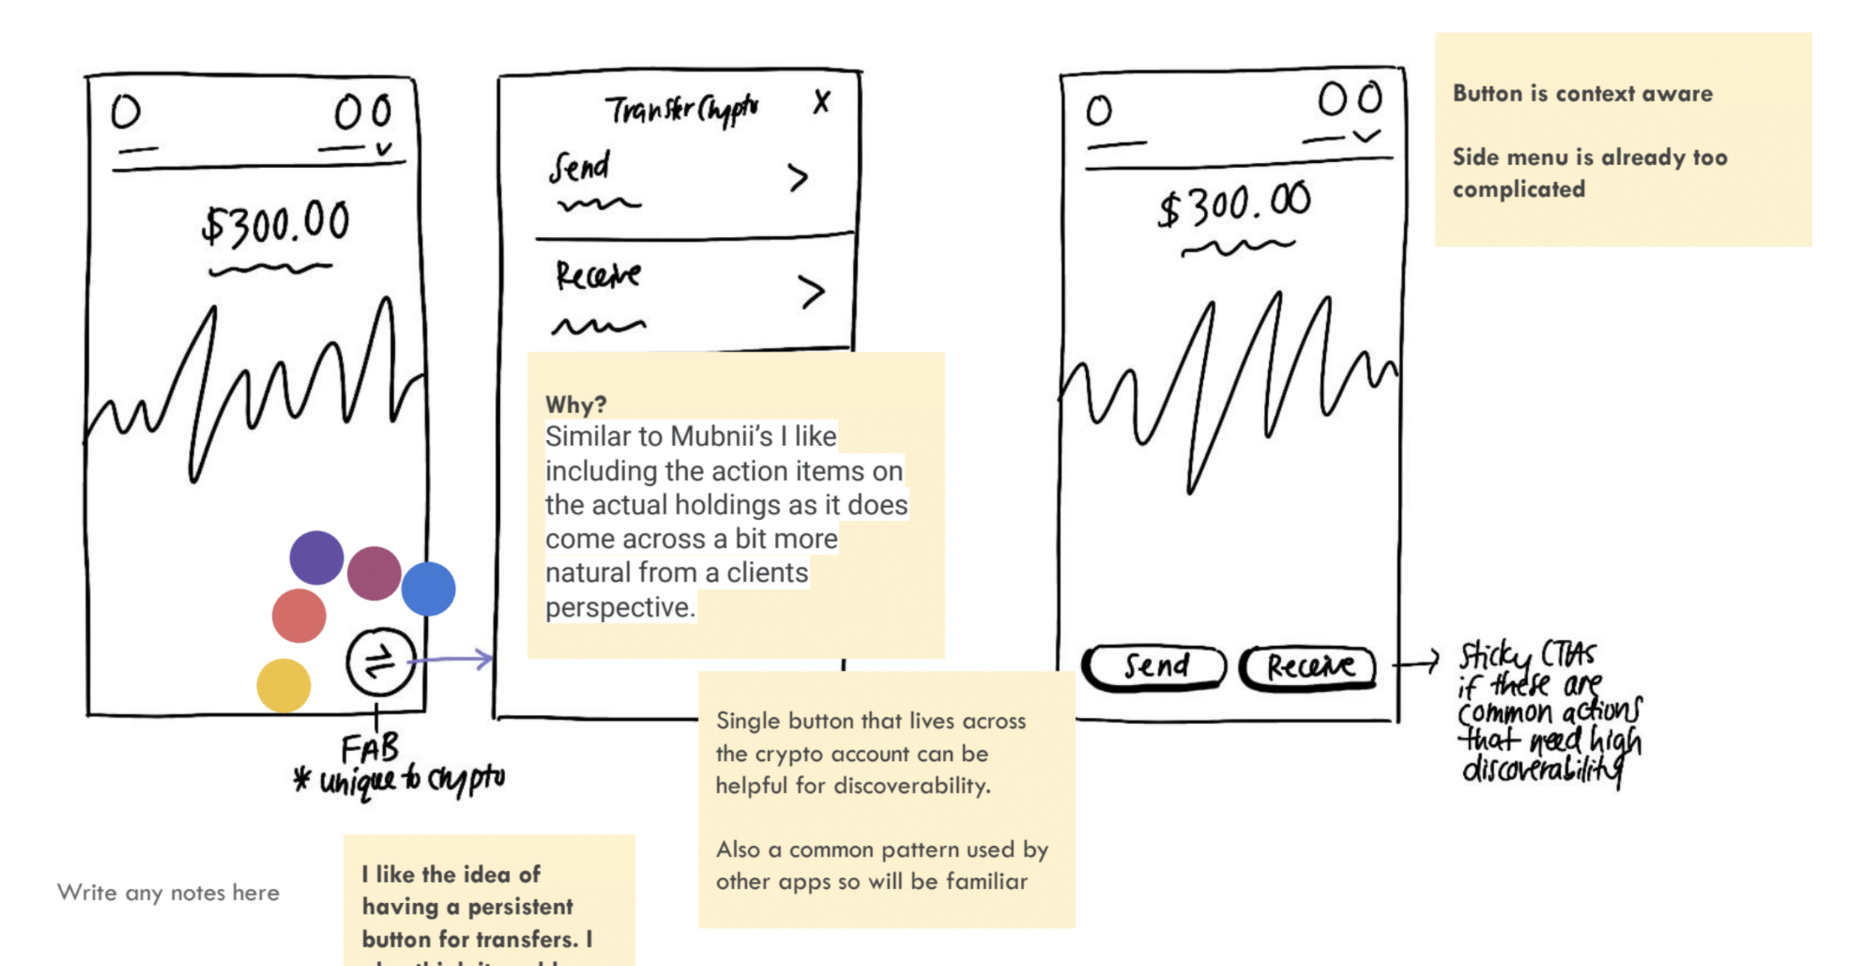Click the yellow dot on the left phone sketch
(x=284, y=685)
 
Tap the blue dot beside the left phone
(x=428, y=589)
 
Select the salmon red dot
(x=299, y=616)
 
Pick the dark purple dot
(x=316, y=558)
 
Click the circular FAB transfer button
(x=380, y=662)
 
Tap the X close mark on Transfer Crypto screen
(x=822, y=101)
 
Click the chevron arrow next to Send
(x=797, y=178)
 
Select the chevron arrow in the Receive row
(x=811, y=292)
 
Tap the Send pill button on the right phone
(x=1154, y=667)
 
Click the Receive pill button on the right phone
(x=1309, y=667)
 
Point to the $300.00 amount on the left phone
(x=276, y=223)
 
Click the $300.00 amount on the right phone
(x=1234, y=204)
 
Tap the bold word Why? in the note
(x=576, y=404)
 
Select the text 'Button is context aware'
(x=1582, y=93)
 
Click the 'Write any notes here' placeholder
(x=168, y=893)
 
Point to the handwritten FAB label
(x=370, y=749)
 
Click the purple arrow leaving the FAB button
(x=452, y=659)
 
